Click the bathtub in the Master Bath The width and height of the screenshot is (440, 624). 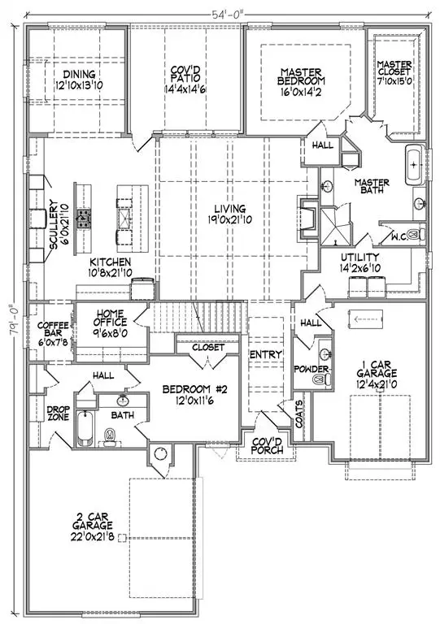[413, 165]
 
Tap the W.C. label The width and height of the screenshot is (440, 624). [399, 235]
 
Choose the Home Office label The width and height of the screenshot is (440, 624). [108, 318]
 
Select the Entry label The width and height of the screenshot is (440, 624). [266, 354]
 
